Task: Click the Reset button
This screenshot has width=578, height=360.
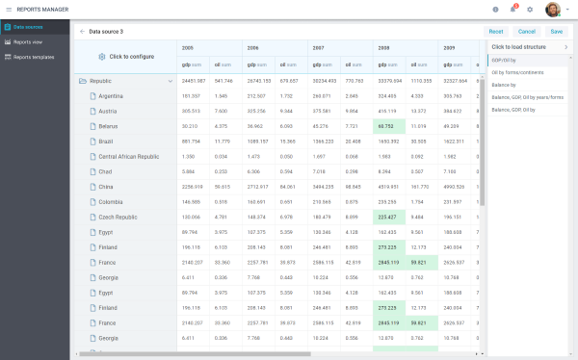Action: (x=496, y=31)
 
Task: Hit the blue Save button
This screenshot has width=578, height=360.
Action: (x=557, y=31)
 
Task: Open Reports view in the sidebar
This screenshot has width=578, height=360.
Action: (x=27, y=42)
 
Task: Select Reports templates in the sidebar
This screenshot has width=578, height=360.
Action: (x=34, y=57)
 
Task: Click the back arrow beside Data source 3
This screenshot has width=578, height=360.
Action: (x=82, y=32)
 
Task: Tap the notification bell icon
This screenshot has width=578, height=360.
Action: (x=514, y=9)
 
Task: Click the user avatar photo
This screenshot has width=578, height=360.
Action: (x=553, y=10)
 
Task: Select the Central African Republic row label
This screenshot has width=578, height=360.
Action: (x=128, y=156)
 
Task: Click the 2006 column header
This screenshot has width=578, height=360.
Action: (x=253, y=47)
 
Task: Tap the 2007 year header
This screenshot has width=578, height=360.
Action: (x=319, y=47)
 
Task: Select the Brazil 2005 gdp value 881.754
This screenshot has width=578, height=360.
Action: (x=192, y=141)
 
